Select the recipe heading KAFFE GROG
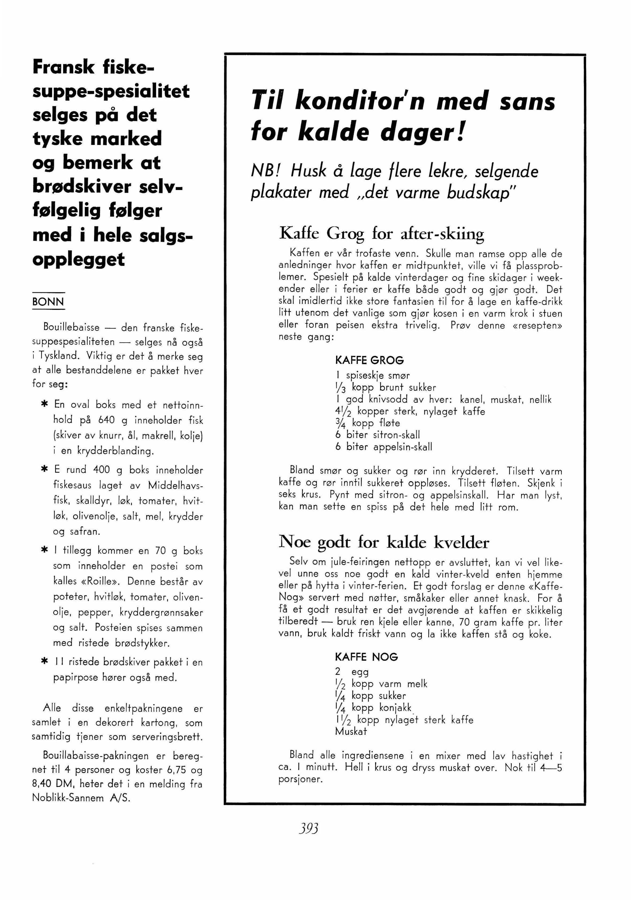coord(369,360)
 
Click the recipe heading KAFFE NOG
coord(366,657)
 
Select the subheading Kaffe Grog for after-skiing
coord(381,234)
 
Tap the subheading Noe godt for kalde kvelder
coord(383,542)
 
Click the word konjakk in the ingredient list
coord(395,707)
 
